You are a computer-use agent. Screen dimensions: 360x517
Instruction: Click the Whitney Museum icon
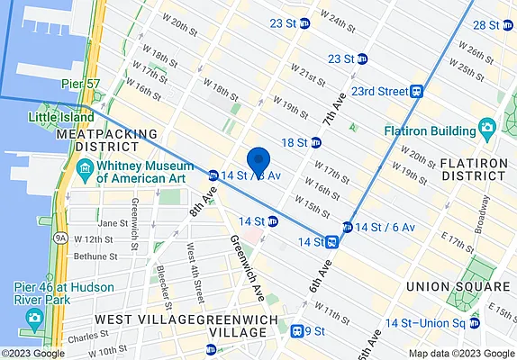point(84,167)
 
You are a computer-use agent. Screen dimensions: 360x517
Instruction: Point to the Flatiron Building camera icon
point(487,126)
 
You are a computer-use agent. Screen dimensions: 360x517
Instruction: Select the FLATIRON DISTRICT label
point(476,170)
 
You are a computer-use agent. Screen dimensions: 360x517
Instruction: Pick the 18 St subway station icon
point(316,142)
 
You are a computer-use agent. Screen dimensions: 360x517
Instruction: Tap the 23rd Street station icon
point(416,91)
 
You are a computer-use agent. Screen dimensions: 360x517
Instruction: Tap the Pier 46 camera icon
point(34,318)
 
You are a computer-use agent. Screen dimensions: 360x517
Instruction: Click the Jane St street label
point(113,223)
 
